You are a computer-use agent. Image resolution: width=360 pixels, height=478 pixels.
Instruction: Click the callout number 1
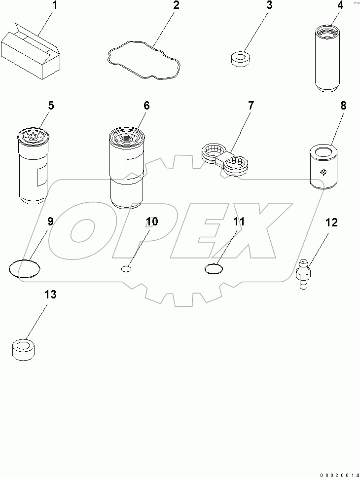coord(55,6)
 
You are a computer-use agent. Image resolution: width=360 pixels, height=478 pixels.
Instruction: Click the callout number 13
coord(50,295)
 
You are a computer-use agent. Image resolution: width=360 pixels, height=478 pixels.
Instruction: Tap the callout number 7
coord(251,106)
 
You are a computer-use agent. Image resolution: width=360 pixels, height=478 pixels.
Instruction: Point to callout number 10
coord(151,221)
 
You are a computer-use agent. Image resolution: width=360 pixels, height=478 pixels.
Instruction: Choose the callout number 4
coord(340,6)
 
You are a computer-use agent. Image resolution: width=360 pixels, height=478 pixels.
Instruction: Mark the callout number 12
coord(331,222)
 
